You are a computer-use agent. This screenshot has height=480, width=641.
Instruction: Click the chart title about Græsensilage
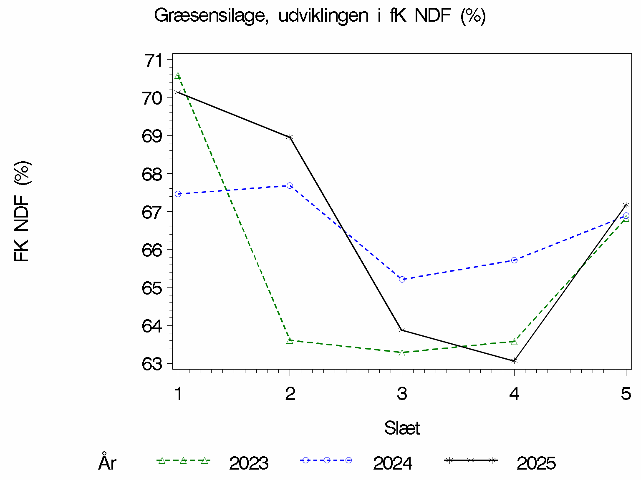coord(320,16)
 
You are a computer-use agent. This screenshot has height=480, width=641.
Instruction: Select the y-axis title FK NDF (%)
coord(22,211)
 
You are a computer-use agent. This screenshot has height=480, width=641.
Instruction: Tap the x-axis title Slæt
coord(402,428)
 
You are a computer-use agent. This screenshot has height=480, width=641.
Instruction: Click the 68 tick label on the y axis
coord(152,174)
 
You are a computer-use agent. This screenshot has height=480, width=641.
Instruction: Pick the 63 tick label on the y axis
coord(152,364)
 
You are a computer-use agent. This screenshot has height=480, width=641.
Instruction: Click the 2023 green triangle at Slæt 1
coord(178,76)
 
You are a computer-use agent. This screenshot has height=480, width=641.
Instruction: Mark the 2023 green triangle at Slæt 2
coord(290,340)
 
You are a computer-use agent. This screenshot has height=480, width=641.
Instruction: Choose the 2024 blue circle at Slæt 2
coord(290,185)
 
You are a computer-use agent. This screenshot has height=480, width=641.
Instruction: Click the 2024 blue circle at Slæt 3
coord(402,279)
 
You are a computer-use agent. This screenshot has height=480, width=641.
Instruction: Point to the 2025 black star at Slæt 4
coord(514,360)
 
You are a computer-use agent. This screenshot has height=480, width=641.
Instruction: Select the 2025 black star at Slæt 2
coord(290,137)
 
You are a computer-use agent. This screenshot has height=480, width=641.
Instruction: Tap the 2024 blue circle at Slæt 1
coord(178,194)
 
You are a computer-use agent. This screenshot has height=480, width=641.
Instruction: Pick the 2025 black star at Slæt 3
coord(402,330)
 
